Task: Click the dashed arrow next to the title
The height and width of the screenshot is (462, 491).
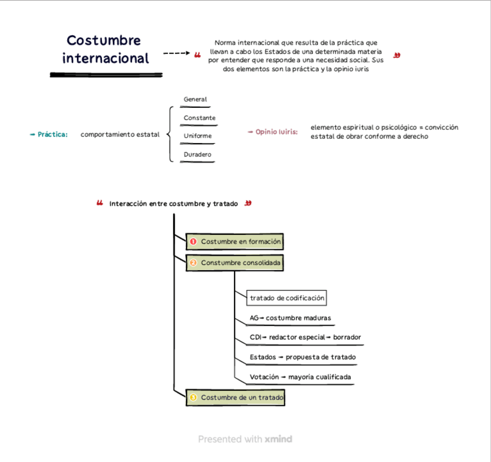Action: click(x=177, y=54)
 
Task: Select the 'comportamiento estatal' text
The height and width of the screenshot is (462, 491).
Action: click(x=120, y=134)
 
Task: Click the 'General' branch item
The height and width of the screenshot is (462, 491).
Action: click(x=195, y=100)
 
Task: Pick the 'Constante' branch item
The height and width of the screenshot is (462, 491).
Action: click(x=199, y=118)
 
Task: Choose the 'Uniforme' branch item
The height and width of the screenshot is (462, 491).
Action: click(x=197, y=136)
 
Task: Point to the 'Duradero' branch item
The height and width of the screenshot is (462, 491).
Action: click(x=197, y=154)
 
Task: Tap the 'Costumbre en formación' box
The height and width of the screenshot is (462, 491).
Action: click(x=236, y=241)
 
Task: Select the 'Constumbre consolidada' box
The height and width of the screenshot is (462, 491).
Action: click(x=236, y=263)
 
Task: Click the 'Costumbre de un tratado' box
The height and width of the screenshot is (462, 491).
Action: click(x=236, y=398)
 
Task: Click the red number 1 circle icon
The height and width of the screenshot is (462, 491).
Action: click(x=194, y=241)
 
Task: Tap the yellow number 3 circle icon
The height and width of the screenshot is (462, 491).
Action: click(x=194, y=398)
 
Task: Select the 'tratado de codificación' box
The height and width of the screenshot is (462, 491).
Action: click(x=287, y=298)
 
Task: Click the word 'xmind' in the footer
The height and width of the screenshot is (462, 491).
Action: click(x=279, y=439)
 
